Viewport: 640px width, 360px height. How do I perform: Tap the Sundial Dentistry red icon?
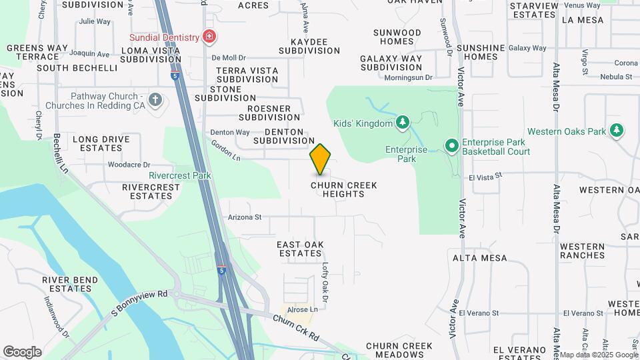(x=209, y=35)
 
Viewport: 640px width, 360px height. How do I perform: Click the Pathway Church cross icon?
(x=155, y=100)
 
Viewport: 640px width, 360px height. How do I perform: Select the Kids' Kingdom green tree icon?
(x=403, y=122)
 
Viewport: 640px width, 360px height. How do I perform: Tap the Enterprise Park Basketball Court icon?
(x=451, y=145)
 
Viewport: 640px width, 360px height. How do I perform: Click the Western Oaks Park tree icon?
(x=617, y=131)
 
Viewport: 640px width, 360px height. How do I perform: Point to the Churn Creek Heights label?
(x=345, y=189)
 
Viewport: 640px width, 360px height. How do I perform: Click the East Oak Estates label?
(x=300, y=249)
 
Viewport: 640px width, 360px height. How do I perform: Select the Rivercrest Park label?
(x=179, y=175)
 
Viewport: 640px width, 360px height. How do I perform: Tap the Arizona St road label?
(x=245, y=217)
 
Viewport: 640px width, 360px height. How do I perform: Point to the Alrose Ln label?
(x=303, y=309)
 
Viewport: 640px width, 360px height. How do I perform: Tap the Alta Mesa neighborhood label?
(x=479, y=258)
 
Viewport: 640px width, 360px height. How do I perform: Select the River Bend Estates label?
(x=67, y=284)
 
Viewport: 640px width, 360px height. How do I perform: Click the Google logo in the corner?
(x=22, y=351)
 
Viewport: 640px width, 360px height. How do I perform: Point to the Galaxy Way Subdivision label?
(x=391, y=63)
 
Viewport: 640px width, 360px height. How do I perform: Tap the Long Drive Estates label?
(x=101, y=143)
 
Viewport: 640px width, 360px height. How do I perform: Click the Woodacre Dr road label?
(x=129, y=164)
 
